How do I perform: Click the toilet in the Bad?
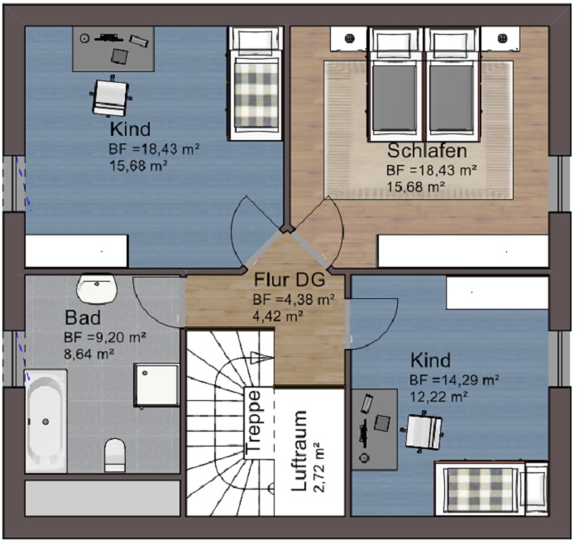[115, 455]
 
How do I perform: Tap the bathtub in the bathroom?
[45, 421]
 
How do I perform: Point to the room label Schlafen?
[428, 151]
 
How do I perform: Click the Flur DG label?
[289, 279]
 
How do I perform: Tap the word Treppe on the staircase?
[254, 422]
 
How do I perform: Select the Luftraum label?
[299, 451]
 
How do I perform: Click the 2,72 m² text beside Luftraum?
[318, 467]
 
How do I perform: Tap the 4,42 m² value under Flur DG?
[278, 316]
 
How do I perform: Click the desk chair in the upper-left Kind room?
[109, 96]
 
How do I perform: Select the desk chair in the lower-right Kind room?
[423, 431]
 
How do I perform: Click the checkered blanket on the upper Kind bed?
[256, 94]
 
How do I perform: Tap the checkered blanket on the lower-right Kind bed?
[479, 489]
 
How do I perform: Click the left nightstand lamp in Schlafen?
[349, 38]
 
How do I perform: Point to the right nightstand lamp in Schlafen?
[502, 38]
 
